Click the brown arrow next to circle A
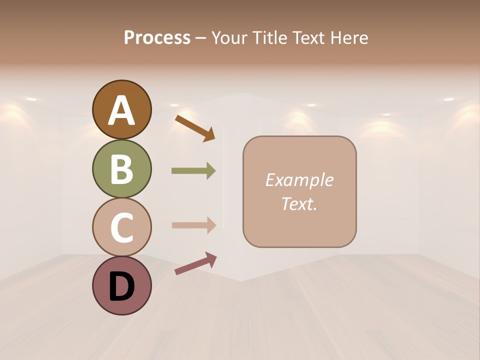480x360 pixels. coord(195,127)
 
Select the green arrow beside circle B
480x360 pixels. coord(193,171)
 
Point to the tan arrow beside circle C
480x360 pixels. coord(193,225)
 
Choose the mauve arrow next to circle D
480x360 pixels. coord(195,263)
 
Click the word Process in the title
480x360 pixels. coord(157,37)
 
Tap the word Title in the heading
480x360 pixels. coord(268,37)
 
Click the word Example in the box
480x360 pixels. coord(299,180)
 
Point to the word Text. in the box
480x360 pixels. coord(299,203)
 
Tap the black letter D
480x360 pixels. coord(121,286)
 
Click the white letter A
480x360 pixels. coord(121,110)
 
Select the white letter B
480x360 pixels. coord(121,169)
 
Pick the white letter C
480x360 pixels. coord(121,227)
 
